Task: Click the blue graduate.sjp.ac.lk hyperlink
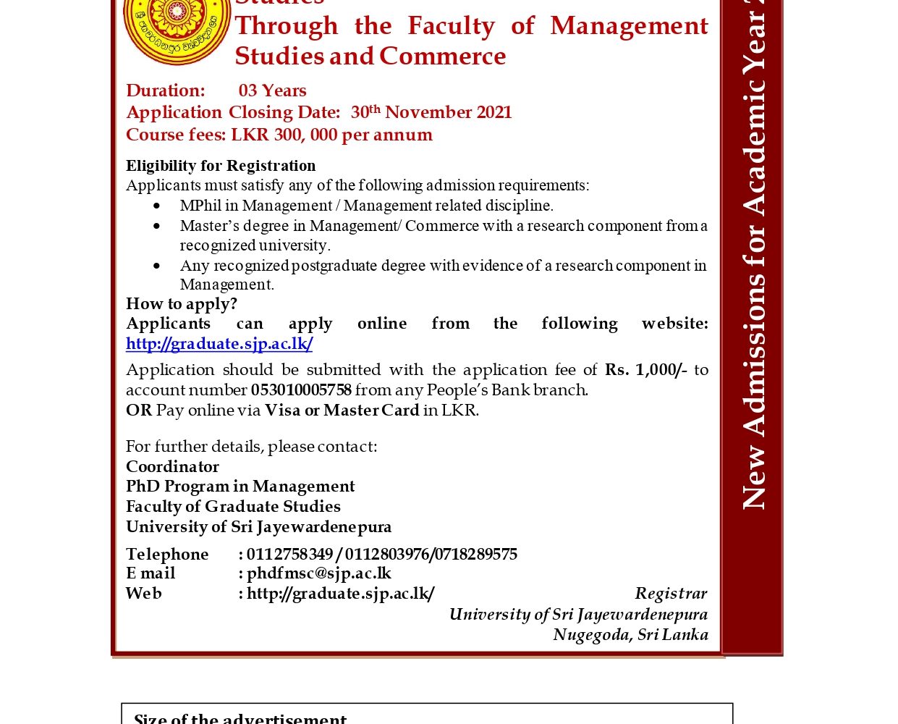click(219, 344)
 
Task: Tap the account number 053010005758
click(301, 390)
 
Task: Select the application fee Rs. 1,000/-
click(645, 370)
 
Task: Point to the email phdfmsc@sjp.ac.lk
click(318, 573)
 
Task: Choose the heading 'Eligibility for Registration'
click(221, 166)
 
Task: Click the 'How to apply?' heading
click(182, 304)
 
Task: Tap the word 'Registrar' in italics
click(671, 594)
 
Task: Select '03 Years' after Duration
click(273, 90)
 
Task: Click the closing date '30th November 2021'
click(431, 112)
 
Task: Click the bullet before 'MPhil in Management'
click(157, 206)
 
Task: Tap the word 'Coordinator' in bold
click(172, 467)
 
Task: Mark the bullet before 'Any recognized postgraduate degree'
click(157, 266)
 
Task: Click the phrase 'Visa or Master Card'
click(342, 411)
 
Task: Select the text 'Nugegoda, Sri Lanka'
click(630, 635)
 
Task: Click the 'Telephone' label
click(167, 555)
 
